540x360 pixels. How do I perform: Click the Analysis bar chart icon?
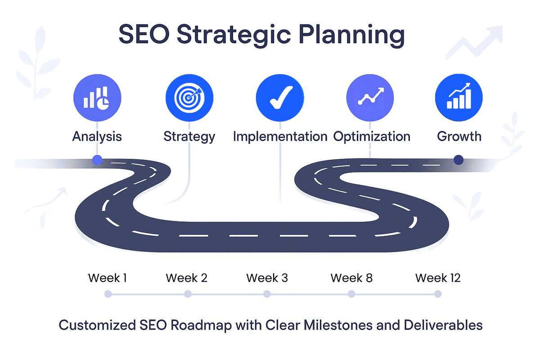click(97, 98)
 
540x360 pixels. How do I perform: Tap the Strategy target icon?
click(189, 98)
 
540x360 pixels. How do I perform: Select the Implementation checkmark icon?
click(280, 98)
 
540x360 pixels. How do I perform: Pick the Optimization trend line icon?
click(370, 98)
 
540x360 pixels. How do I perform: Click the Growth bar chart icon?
click(459, 98)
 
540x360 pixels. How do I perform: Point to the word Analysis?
click(97, 136)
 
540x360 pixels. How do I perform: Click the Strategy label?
click(189, 137)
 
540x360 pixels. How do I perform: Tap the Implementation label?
click(280, 137)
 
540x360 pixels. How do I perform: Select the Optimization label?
click(372, 137)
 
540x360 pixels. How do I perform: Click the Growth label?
click(459, 136)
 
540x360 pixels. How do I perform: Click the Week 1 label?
click(107, 278)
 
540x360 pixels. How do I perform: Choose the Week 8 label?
click(351, 278)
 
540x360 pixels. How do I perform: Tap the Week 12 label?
click(438, 278)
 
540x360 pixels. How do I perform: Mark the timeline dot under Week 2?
click(188, 294)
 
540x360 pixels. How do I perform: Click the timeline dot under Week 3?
click(267, 294)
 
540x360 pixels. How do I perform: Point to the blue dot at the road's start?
click(97, 160)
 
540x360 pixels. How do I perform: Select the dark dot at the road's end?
click(458, 160)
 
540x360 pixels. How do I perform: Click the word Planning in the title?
click(352, 35)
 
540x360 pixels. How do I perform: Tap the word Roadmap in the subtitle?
click(201, 325)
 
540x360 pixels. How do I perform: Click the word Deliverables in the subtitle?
click(443, 325)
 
